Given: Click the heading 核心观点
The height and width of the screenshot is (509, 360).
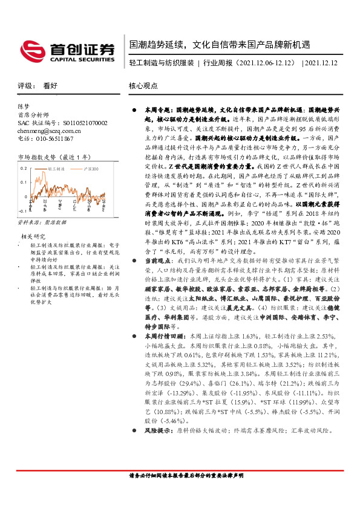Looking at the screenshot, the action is click(143, 86).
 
